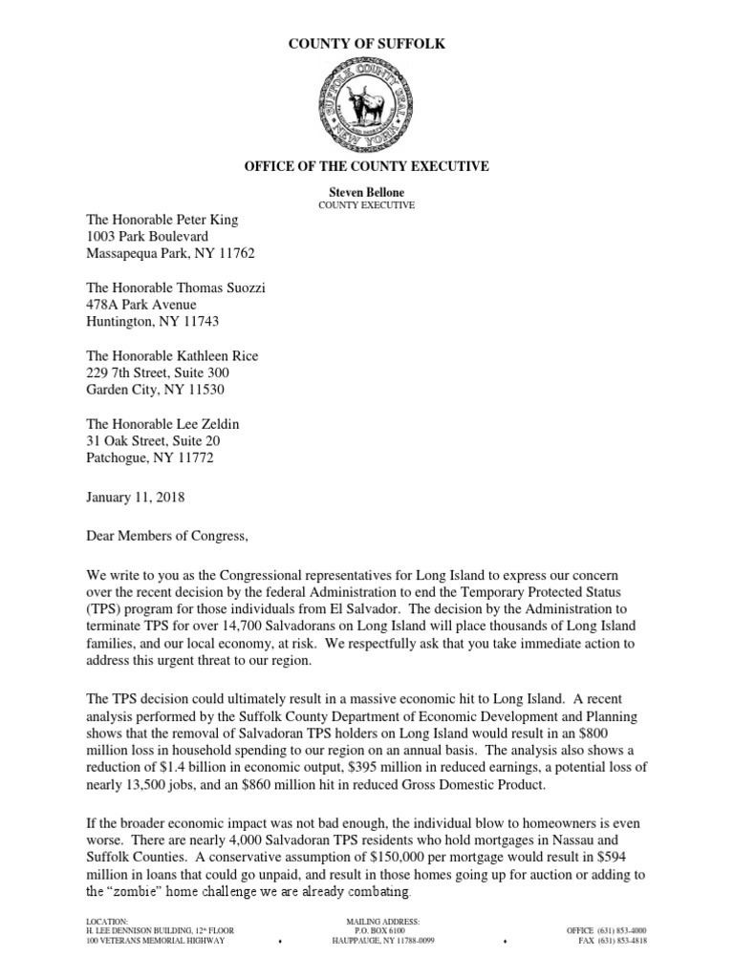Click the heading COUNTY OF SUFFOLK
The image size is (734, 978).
pyautogui.click(x=367, y=44)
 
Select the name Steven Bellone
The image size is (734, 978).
pyautogui.click(x=367, y=192)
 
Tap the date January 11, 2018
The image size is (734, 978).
pyautogui.click(x=136, y=498)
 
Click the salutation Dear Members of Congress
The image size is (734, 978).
pyautogui.click(x=166, y=537)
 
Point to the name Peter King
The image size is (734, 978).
pyautogui.click(x=205, y=220)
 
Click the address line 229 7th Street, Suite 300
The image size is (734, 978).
pyautogui.click(x=158, y=372)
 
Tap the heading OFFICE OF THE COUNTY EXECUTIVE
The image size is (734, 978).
pyautogui.click(x=367, y=166)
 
